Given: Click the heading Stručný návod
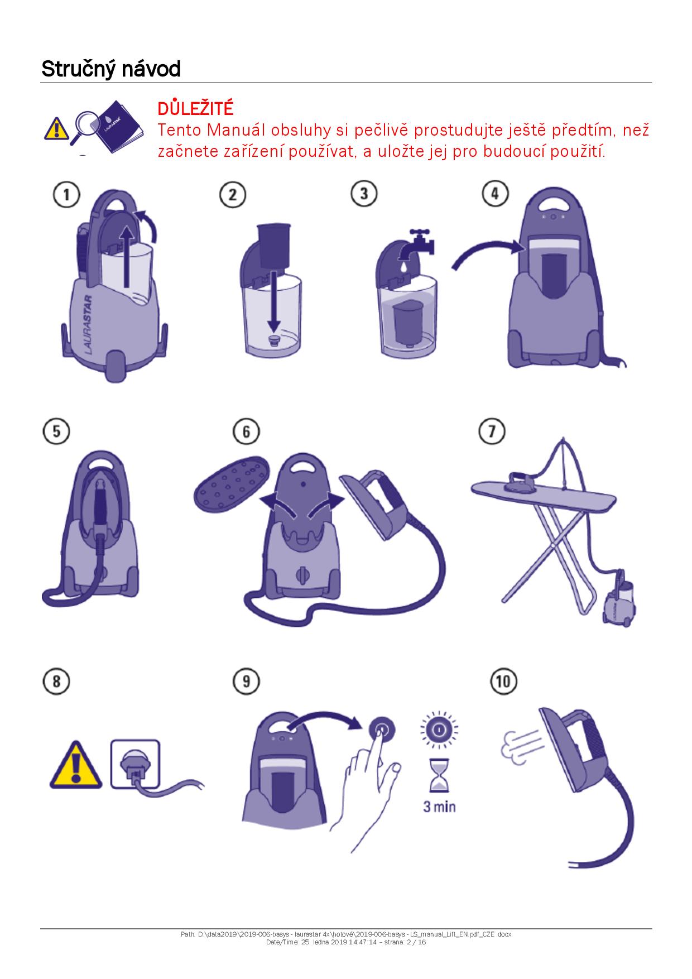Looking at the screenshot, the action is pos(111,69).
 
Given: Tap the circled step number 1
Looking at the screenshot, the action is pos(66,195).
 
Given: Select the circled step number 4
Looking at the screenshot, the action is pos(495,194).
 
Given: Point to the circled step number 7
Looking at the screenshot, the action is pos(492,431).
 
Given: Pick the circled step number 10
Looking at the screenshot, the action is pos(503,682).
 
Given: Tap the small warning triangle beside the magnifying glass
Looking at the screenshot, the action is pos(55,129).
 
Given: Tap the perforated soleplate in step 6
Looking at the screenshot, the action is pos(232,482).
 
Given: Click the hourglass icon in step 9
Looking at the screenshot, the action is pos(439,775).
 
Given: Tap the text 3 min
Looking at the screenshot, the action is pos(439,807).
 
